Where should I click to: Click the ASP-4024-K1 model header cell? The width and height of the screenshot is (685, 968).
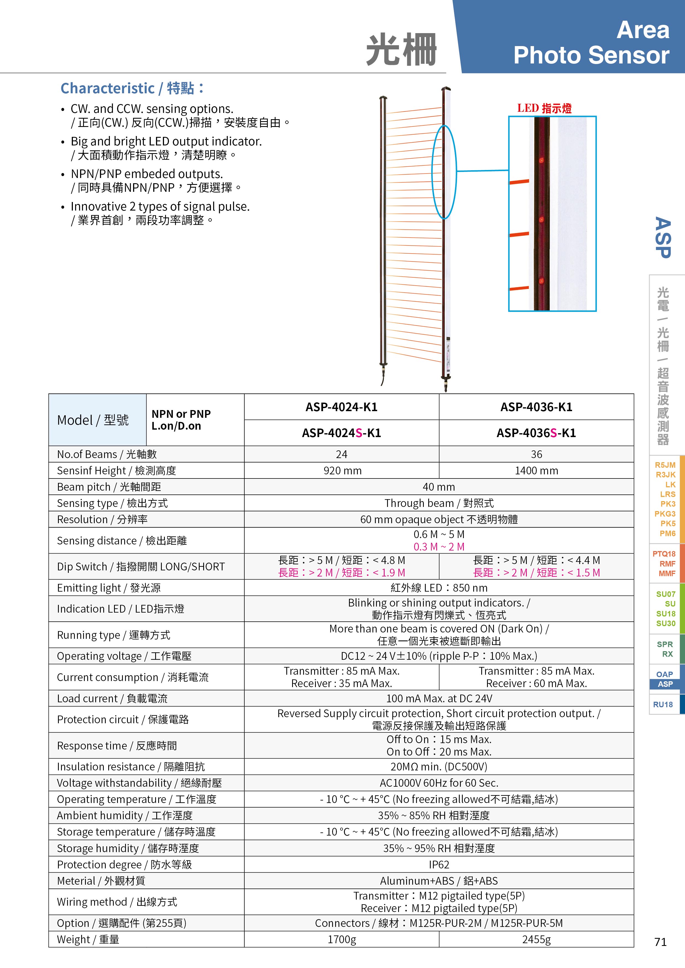coord(341,407)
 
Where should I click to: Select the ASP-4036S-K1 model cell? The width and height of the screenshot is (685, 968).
coord(536,433)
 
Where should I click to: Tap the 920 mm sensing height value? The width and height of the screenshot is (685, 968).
coord(342,470)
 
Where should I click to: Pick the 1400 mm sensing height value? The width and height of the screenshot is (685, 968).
coord(536,470)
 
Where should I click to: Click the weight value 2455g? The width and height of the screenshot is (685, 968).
coord(536,939)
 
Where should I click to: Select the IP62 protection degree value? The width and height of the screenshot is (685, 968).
coord(439,865)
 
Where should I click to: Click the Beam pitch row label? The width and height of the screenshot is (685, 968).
coord(109,487)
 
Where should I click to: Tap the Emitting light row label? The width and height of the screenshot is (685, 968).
coord(109,588)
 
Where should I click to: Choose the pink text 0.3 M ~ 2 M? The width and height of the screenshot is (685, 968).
coord(439,547)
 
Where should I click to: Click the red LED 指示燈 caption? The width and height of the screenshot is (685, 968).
coord(544,108)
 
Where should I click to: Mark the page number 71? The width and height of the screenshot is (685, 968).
coord(660,942)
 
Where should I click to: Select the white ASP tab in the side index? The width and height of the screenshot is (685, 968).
coord(665,684)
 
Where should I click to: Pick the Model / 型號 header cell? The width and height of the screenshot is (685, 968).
coord(93,420)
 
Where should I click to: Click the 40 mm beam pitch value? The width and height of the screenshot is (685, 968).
coord(439,487)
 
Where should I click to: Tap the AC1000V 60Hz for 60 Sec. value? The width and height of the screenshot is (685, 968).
coord(439,783)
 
